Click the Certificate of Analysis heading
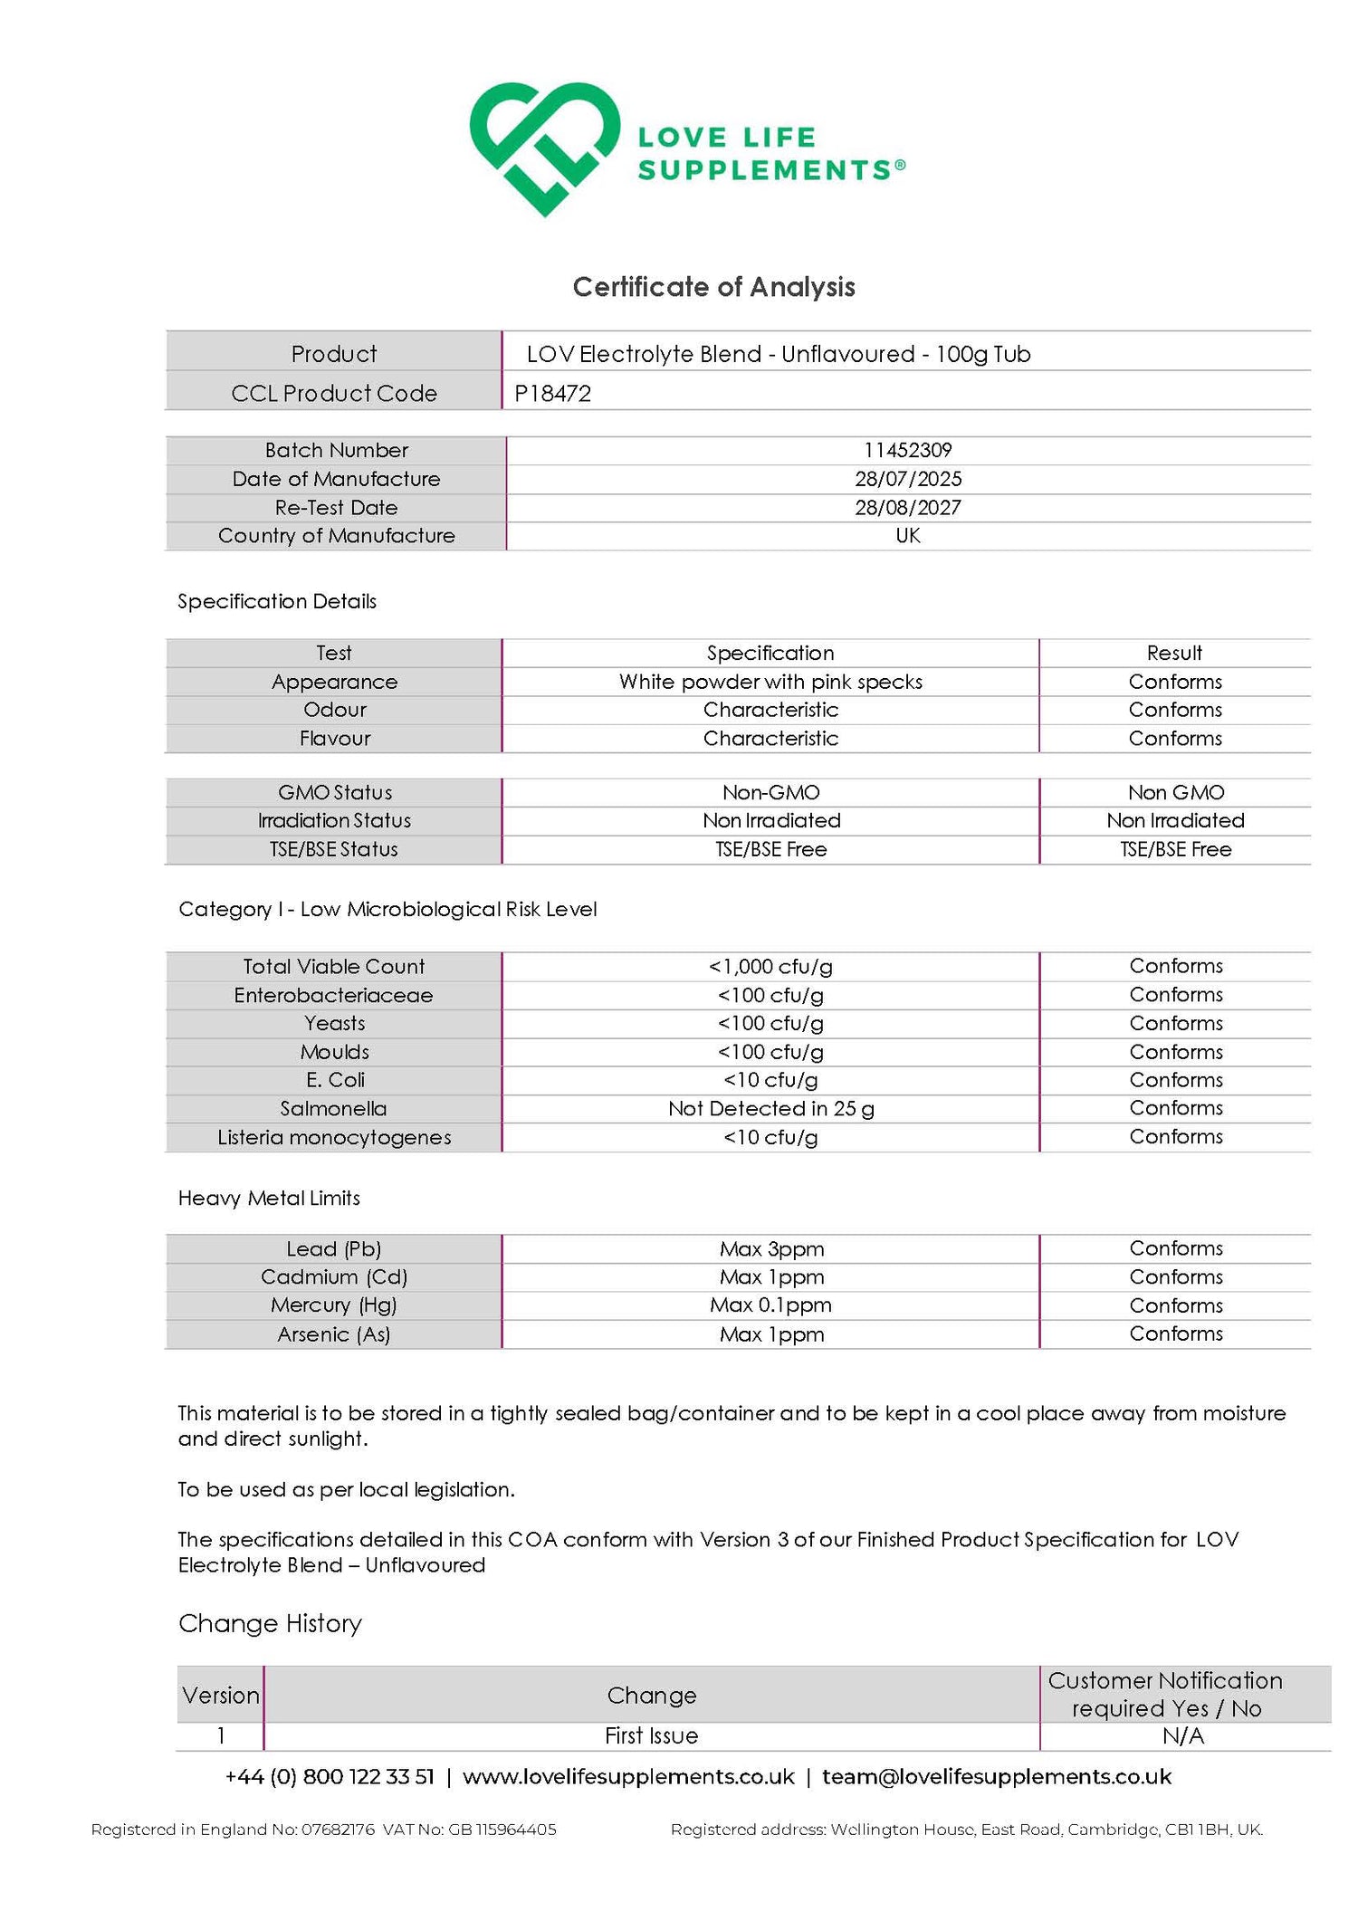[713, 287]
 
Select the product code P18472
[552, 394]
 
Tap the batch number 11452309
[907, 450]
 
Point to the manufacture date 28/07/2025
[907, 479]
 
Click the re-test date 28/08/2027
[907, 508]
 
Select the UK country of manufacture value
[907, 536]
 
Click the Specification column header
[770, 653]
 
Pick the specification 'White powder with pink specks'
[770, 682]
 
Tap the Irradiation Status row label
[334, 821]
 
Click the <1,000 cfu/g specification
[770, 967]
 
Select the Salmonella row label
[333, 1109]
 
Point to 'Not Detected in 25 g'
[770, 1109]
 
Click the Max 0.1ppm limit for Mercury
[770, 1305]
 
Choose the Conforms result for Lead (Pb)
[1175, 1248]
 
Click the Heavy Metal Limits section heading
[269, 1199]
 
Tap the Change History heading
[270, 1624]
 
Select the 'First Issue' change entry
[651, 1736]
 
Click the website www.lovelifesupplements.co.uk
[628, 1777]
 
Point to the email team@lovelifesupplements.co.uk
[996, 1777]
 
